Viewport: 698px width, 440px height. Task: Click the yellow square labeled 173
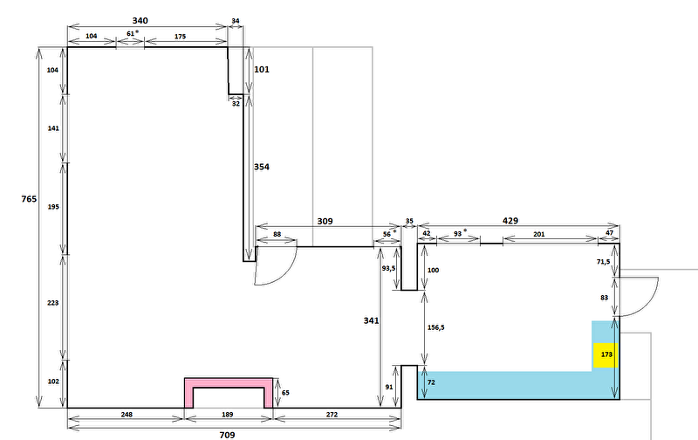(x=606, y=355)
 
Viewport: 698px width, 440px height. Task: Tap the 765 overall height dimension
(x=29, y=199)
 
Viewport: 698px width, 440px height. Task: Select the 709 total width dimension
(x=227, y=435)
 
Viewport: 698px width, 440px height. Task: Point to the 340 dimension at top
(x=140, y=20)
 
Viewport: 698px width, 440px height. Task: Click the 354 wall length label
(x=262, y=167)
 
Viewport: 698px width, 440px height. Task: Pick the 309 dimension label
(x=325, y=222)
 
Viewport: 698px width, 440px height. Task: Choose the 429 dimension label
(x=510, y=221)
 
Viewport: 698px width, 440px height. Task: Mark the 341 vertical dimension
(x=371, y=320)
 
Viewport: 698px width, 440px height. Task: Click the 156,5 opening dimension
(x=435, y=327)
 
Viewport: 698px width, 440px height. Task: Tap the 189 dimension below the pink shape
(x=228, y=415)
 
